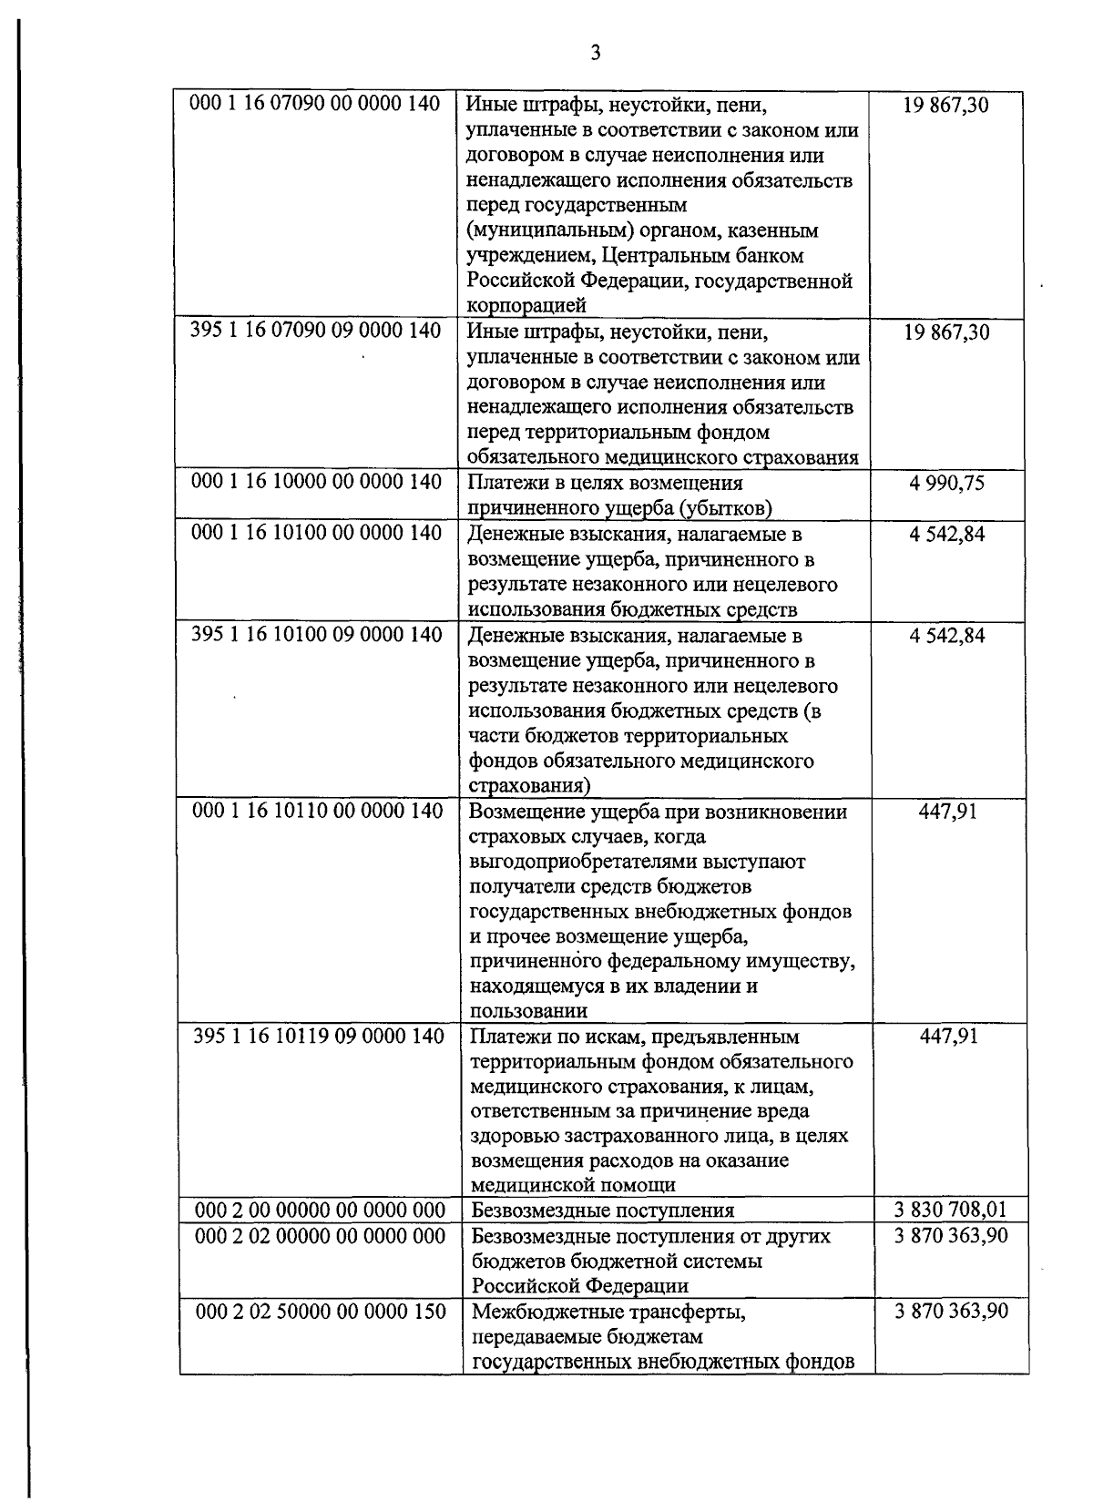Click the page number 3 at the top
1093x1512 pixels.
pos(596,52)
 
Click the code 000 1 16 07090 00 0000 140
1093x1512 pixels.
pos(315,103)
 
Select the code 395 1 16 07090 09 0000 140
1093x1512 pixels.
pos(315,330)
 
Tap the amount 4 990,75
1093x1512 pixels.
pos(946,483)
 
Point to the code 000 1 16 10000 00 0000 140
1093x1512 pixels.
pos(315,481)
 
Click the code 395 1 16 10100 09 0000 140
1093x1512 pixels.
pos(316,634)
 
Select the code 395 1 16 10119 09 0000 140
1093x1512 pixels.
pos(318,1036)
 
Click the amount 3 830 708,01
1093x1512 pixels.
pos(951,1210)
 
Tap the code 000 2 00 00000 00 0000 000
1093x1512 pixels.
pos(321,1210)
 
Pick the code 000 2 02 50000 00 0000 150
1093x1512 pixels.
pos(322,1311)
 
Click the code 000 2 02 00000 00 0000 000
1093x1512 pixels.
pos(321,1235)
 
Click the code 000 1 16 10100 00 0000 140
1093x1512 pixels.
pos(316,532)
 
